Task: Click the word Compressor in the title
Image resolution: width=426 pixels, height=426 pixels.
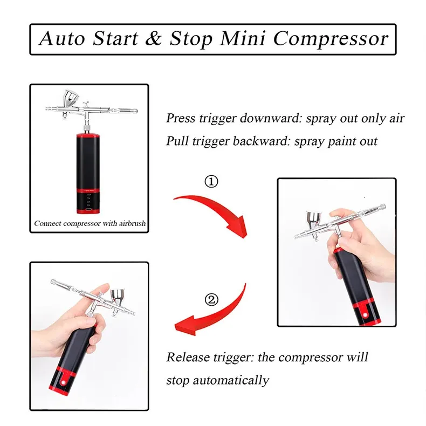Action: tap(331, 39)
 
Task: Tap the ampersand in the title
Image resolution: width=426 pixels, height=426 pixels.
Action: tap(154, 38)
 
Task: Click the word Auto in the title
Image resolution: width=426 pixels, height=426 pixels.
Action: tap(62, 38)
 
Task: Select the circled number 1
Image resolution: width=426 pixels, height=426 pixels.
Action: tap(211, 182)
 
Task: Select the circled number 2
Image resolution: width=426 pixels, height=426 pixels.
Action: tap(211, 300)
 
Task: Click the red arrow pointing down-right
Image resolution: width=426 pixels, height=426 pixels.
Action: tap(215, 210)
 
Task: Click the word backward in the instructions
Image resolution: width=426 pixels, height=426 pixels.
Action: tap(262, 141)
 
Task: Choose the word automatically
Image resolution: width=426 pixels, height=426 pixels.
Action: tap(231, 380)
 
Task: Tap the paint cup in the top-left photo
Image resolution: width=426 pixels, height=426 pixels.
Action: tap(71, 98)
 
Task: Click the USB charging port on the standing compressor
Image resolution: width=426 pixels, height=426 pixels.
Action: tap(88, 210)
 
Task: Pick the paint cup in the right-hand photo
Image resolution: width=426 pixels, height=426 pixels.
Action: tap(314, 218)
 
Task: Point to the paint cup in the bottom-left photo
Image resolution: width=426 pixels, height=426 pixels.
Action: tap(118, 297)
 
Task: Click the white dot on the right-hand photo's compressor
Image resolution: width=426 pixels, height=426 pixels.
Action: tap(365, 315)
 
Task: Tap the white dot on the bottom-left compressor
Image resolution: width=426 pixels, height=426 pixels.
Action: tap(64, 382)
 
